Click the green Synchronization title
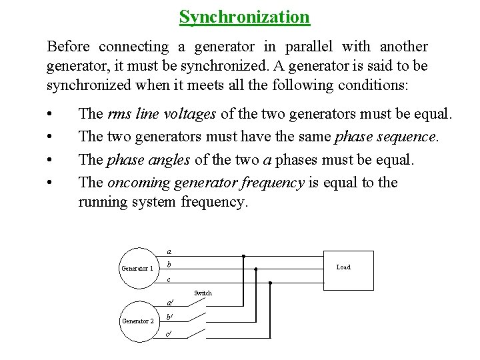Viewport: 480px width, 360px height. click(245, 16)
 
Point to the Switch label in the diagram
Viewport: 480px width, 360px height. click(203, 293)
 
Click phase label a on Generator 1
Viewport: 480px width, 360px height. click(169, 252)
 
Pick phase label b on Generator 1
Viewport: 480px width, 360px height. click(170, 265)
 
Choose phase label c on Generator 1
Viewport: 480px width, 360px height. click(169, 279)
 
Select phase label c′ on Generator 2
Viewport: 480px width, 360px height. click(169, 333)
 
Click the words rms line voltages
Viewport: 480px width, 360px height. click(161, 114)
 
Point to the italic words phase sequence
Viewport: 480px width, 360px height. click(385, 137)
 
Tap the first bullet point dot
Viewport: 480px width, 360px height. click(51, 115)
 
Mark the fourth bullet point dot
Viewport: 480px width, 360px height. click(51, 183)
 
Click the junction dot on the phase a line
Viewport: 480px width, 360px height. click(243, 256)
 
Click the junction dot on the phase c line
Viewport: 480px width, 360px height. click(270, 283)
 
